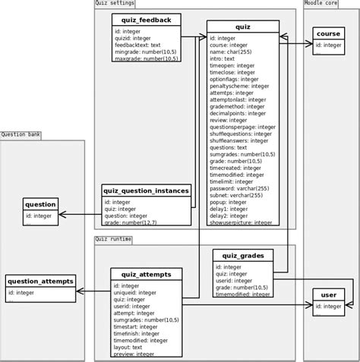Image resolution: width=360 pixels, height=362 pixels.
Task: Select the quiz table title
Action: pos(243,27)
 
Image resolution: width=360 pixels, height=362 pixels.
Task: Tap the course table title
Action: pos(328,34)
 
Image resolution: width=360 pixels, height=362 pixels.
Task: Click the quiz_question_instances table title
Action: pos(146,190)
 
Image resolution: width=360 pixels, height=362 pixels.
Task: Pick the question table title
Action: pos(40,204)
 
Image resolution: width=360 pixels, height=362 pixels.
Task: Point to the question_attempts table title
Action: pos(40,281)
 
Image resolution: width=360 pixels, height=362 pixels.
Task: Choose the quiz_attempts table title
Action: pos(146,274)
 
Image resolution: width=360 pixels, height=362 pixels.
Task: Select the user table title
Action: pos(328,294)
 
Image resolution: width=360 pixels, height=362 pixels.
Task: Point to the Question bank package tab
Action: pos(21,134)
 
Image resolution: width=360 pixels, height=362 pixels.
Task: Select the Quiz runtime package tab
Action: pos(113,239)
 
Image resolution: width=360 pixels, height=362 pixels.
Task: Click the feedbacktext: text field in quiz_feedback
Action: pos(137,45)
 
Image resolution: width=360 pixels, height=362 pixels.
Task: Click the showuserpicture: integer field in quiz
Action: pos(242,222)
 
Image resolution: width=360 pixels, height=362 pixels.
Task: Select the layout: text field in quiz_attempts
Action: pos(131,346)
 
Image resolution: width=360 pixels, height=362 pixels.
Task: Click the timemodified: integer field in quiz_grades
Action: pos(242,295)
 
